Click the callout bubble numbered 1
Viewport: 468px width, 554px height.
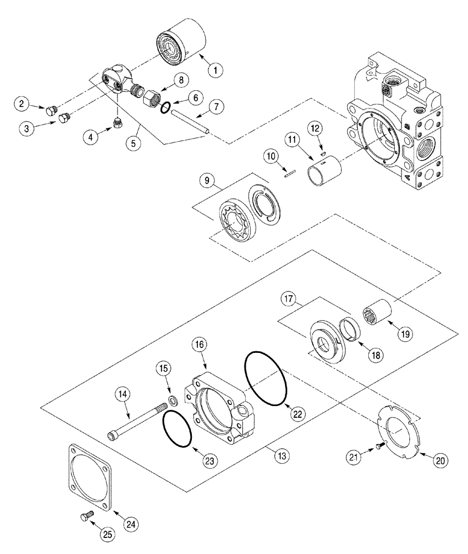[215, 70]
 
